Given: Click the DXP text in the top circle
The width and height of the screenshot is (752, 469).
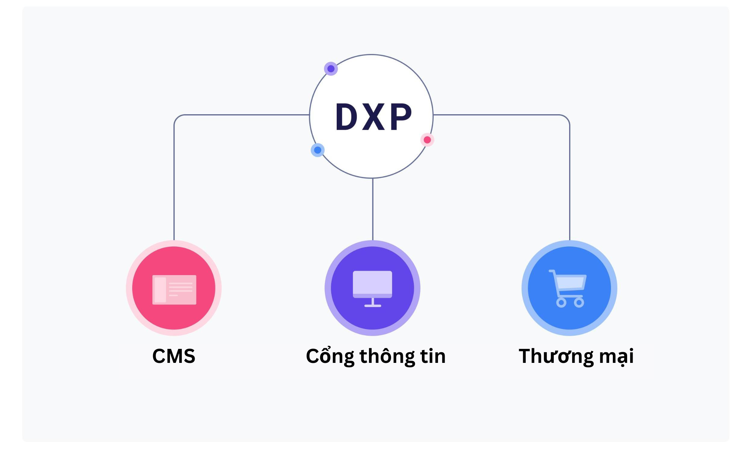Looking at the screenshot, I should point(373,117).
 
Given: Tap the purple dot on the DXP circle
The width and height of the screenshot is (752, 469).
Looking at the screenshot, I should point(331,69).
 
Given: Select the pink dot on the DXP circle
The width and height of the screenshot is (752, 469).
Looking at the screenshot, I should point(427,140).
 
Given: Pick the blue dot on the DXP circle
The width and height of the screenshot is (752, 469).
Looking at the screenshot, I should point(318,150).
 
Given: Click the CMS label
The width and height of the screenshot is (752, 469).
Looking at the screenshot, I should point(174,356).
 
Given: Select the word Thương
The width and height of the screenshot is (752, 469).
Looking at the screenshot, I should point(556,356).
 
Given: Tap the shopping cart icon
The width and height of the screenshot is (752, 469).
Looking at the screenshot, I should point(568,288).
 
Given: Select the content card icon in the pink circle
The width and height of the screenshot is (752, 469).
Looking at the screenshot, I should point(174,289).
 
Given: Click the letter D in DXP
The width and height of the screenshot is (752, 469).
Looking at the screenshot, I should point(346,117).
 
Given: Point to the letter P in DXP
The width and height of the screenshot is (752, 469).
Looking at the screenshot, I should point(401,117).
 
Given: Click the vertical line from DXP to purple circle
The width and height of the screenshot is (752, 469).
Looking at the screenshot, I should point(373,209).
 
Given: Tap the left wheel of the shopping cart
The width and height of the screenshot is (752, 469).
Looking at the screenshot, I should point(561,303).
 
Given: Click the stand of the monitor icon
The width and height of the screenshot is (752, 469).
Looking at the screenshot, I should point(372,303).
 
